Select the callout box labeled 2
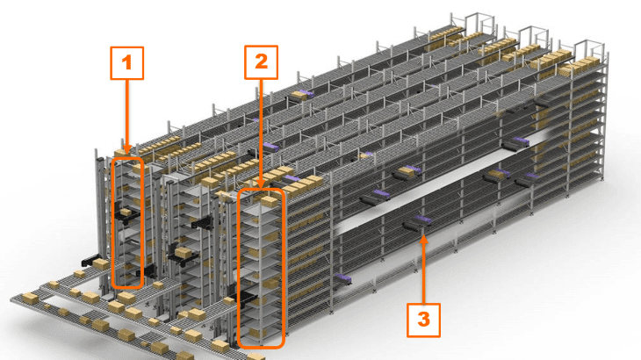tap(261, 62)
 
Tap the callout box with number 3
tap(423, 319)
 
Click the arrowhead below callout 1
tap(128, 151)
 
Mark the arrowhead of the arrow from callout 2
tap(261, 184)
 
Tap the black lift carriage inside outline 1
tap(126, 211)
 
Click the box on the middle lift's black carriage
tap(184, 252)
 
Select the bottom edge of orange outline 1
tap(128, 287)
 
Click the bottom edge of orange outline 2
tap(262, 346)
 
